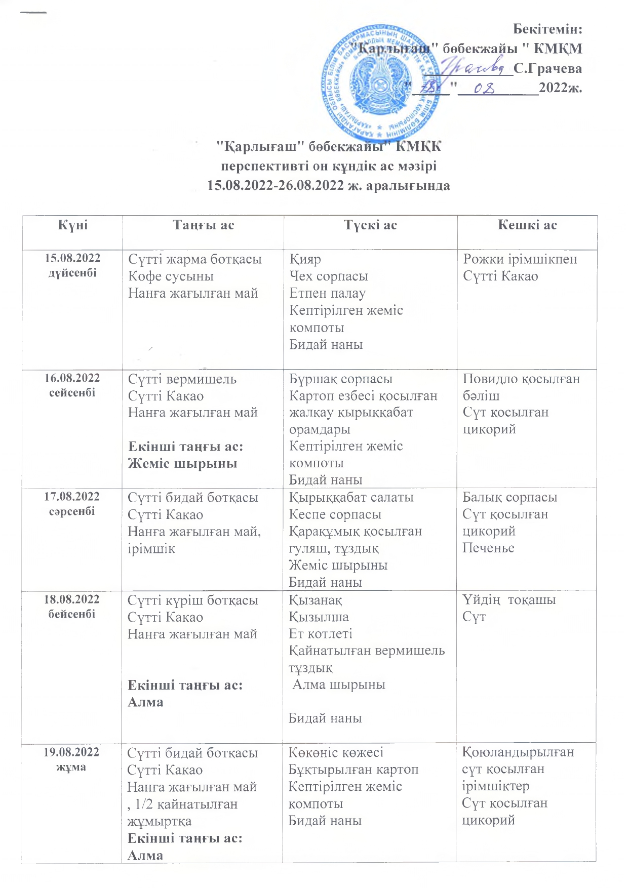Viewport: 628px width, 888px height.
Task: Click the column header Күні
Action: pyautogui.click(x=72, y=225)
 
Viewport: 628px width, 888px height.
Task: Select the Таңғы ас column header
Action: pyautogui.click(x=203, y=225)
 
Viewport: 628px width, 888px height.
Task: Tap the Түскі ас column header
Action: pyautogui.click(x=370, y=225)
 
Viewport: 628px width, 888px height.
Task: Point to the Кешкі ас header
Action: pyautogui.click(x=527, y=225)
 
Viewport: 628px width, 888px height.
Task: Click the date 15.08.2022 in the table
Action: pyautogui.click(x=72, y=258)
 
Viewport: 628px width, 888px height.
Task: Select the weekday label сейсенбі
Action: pyautogui.click(x=72, y=393)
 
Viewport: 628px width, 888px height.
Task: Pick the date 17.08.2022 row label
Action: pyautogui.click(x=72, y=497)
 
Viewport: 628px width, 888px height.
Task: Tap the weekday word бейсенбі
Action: pyautogui.click(x=71, y=614)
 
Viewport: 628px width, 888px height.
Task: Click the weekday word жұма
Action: pyautogui.click(x=71, y=767)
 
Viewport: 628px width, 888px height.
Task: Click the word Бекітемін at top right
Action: pyautogui.click(x=547, y=29)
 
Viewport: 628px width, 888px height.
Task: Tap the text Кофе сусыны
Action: pyautogui.click(x=171, y=276)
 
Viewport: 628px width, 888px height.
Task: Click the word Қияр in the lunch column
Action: pyautogui.click(x=305, y=259)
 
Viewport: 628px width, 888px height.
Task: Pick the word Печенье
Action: pyautogui.click(x=488, y=548)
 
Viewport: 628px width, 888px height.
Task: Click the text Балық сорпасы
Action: pyautogui.click(x=509, y=497)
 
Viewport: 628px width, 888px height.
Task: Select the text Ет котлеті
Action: pyautogui.click(x=320, y=634)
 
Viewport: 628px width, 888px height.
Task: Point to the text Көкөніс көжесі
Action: pyautogui.click(x=336, y=753)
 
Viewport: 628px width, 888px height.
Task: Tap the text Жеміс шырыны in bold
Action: pyautogui.click(x=182, y=464)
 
